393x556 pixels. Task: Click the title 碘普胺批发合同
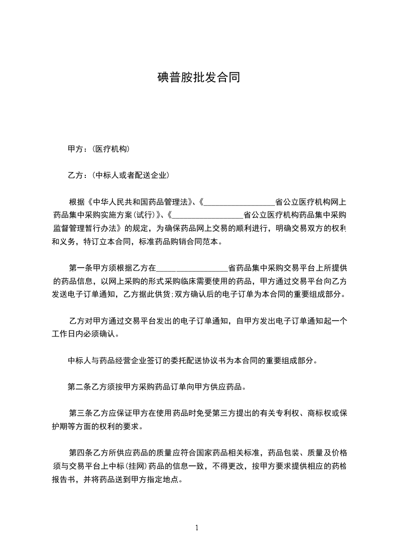pos(198,78)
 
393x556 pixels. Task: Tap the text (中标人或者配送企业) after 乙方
pos(129,175)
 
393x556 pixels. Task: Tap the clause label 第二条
pos(78,387)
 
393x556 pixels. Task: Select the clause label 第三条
pos(80,413)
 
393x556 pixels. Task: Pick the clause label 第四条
pos(80,452)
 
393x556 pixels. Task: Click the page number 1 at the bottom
pos(197,528)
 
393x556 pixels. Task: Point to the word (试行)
pos(146,216)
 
